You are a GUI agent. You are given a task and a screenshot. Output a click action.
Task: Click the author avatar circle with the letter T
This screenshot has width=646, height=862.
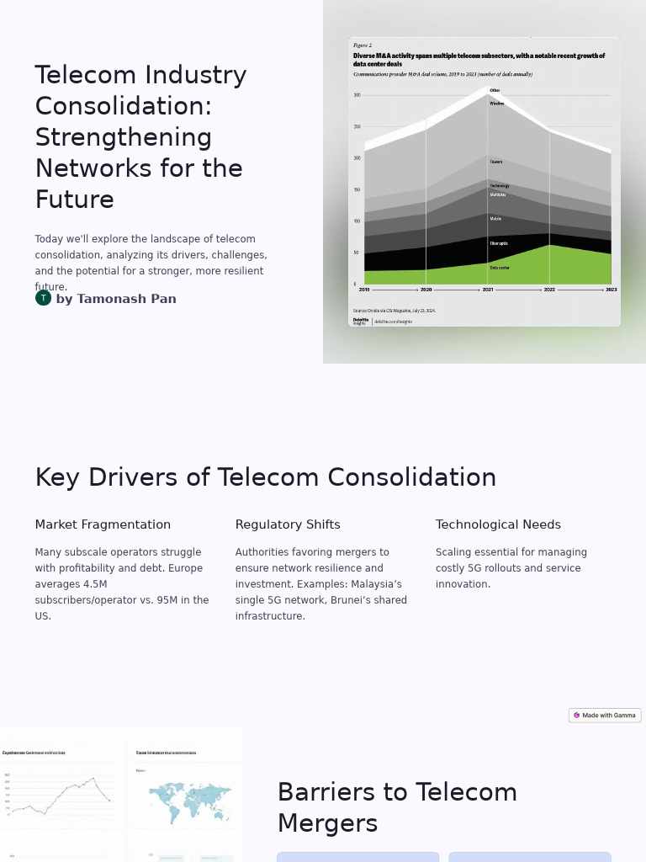tap(43, 298)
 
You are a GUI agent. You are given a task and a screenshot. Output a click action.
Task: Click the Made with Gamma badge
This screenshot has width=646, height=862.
tap(605, 716)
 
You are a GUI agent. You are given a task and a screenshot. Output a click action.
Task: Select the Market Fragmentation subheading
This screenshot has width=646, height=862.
tap(103, 524)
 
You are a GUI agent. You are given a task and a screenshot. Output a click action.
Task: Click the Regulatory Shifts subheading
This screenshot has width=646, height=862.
tap(288, 524)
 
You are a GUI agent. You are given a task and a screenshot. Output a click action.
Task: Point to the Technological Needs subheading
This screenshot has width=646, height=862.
tap(498, 524)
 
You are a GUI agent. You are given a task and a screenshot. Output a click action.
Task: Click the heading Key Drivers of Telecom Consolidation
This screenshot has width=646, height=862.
tap(265, 477)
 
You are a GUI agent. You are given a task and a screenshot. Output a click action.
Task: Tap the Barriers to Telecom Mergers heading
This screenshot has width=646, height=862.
tap(397, 807)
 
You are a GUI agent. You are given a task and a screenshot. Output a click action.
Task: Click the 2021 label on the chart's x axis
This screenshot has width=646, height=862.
tap(488, 290)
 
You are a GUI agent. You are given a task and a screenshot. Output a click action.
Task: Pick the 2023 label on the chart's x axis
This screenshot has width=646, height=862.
tap(611, 290)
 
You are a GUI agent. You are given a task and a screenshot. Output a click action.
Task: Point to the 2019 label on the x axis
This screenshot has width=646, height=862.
tap(364, 290)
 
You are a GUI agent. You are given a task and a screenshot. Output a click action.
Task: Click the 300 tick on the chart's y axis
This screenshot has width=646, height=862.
tap(357, 95)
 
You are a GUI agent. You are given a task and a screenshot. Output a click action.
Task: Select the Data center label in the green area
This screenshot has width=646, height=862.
tap(500, 268)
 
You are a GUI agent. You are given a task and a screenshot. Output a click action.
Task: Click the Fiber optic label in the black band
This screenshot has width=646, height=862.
tap(499, 243)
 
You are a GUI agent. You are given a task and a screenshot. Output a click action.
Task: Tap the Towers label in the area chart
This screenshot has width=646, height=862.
tap(496, 162)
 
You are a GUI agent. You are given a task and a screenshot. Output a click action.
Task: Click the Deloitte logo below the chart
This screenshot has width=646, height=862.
tap(361, 321)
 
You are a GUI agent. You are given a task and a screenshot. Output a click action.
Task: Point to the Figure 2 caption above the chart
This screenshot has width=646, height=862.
tap(363, 45)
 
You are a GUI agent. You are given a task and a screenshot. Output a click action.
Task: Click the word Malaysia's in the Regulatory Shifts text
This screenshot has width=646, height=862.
tap(376, 584)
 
